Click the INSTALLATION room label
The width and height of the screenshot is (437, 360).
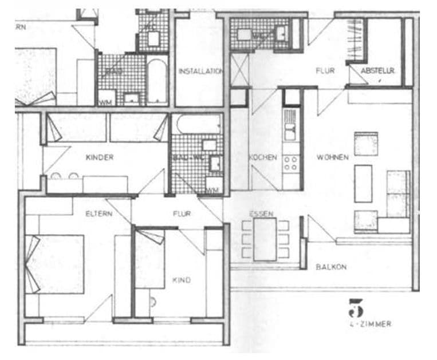click(x=200, y=72)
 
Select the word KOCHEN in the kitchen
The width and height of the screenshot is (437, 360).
click(x=263, y=157)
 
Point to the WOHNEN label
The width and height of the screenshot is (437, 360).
click(x=332, y=157)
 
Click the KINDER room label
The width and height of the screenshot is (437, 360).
click(x=100, y=157)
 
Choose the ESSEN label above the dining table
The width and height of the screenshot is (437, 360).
click(x=261, y=213)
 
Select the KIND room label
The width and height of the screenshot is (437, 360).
click(x=182, y=280)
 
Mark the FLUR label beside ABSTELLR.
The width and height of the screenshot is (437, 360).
click(x=325, y=71)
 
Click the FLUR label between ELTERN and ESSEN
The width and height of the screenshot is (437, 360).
click(x=182, y=213)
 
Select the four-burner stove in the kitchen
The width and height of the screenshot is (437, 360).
click(x=291, y=163)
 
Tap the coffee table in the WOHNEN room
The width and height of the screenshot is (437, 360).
click(x=363, y=183)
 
